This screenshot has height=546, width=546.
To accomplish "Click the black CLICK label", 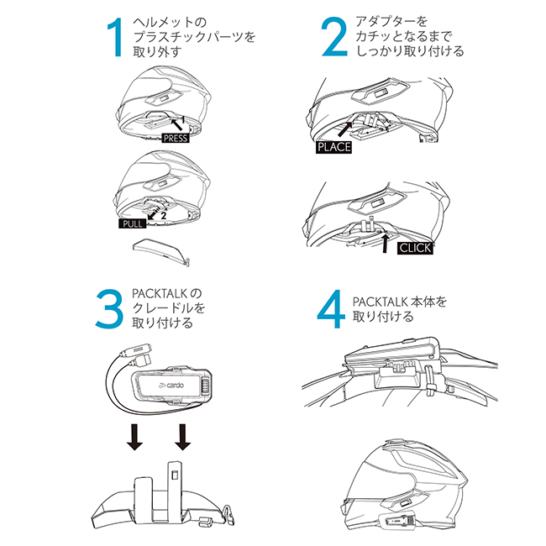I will pyautogui.click(x=415, y=249).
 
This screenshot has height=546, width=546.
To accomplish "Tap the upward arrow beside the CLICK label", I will pyautogui.click(x=384, y=244).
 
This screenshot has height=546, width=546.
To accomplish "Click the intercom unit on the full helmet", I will pyautogui.click(x=393, y=518).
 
